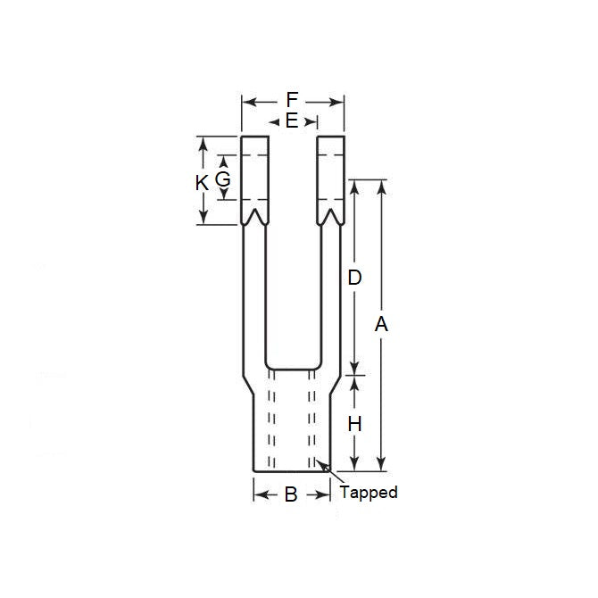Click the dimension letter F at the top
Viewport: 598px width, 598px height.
pyautogui.click(x=292, y=99)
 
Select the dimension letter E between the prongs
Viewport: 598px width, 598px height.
pyautogui.click(x=292, y=120)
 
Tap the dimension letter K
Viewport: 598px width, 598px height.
pyautogui.click(x=202, y=183)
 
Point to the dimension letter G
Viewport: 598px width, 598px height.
pyautogui.click(x=223, y=179)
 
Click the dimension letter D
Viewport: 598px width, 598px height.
pyautogui.click(x=354, y=278)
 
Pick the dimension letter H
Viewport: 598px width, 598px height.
pyautogui.click(x=354, y=424)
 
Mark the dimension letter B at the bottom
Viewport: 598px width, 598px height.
pyautogui.click(x=291, y=494)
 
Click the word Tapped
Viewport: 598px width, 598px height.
pyautogui.click(x=369, y=492)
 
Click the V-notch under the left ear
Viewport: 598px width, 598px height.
pyautogui.click(x=255, y=217)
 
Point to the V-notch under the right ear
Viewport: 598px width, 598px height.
pyautogui.click(x=330, y=217)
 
